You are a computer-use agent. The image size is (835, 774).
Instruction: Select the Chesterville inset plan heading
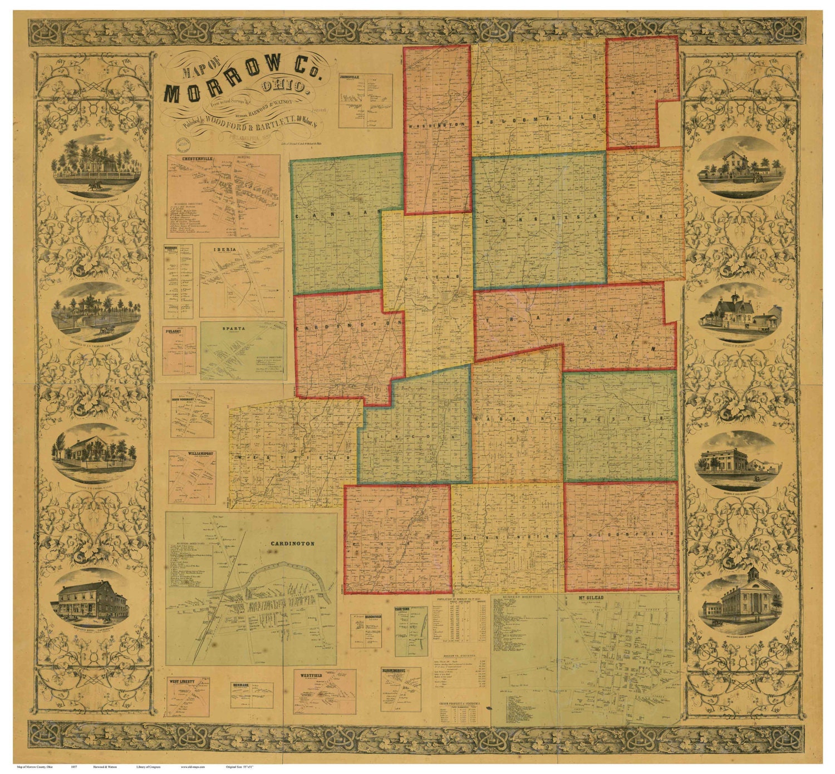click(189, 160)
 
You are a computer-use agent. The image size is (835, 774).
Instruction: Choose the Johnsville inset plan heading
click(349, 77)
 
